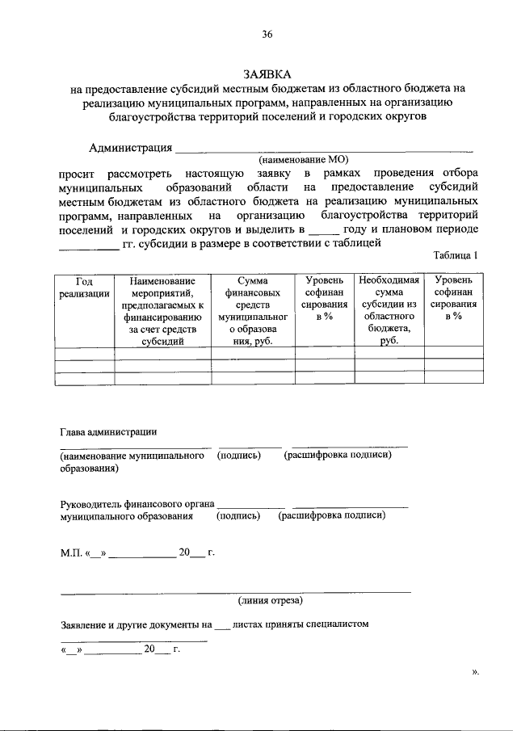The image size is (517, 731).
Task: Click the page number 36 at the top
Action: point(267,34)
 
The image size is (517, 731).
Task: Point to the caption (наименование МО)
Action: point(305,160)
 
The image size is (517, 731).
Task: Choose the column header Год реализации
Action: point(84,288)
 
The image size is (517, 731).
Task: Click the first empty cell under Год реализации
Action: point(84,352)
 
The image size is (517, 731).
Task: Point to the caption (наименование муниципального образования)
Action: point(132,461)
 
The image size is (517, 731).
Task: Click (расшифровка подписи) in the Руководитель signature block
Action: point(331,515)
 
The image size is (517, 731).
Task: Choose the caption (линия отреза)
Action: point(271,601)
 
